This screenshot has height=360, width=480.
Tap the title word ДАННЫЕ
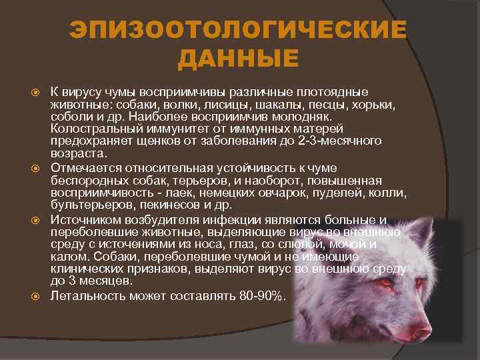pos(239,60)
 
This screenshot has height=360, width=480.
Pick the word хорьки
pos(374,105)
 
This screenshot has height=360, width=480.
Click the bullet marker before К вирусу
pos(37,91)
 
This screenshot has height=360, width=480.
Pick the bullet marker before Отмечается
pos(37,167)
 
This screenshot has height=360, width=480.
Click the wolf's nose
pos(421,330)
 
